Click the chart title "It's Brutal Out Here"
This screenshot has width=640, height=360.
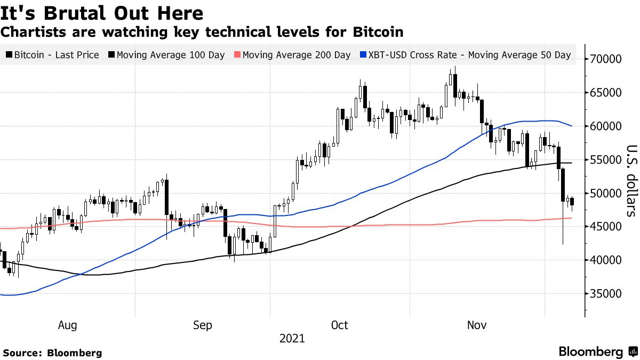(x=102, y=13)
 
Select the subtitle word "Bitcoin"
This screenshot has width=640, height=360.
(x=378, y=32)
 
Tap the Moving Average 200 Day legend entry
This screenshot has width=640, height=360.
(x=294, y=55)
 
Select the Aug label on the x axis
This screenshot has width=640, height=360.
(x=67, y=325)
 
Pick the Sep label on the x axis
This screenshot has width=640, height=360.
(x=203, y=325)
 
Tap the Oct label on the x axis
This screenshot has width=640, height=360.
(x=340, y=325)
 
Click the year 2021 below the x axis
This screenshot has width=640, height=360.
(x=291, y=339)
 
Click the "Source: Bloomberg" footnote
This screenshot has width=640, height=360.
(x=52, y=353)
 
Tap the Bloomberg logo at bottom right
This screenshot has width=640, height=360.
(x=597, y=352)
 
